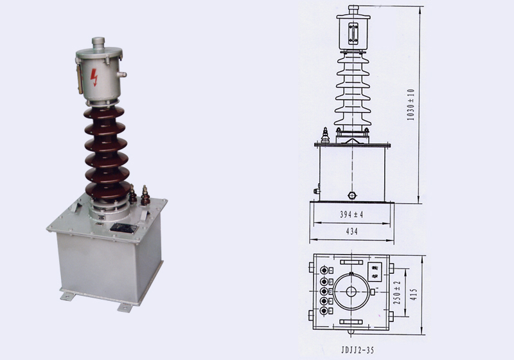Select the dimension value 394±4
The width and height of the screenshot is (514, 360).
pos(351,215)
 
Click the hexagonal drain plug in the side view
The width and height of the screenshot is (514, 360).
pos(351,194)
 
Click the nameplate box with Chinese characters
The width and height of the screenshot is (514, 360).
pos(375,272)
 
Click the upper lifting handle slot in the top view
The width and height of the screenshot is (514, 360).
pos(351,263)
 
